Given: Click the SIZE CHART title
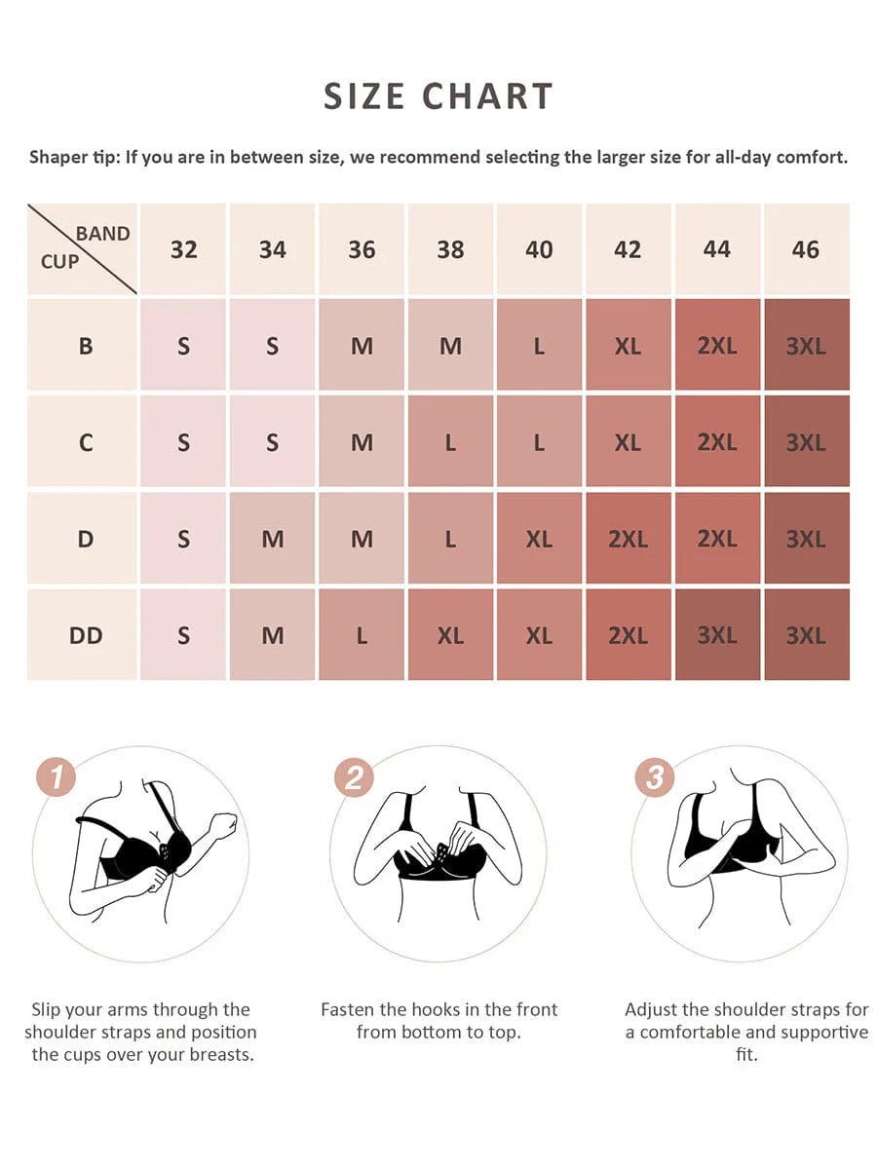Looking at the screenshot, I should [x=438, y=96].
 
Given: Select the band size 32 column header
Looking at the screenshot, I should [x=183, y=249].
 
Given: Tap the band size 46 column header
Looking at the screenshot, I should [x=805, y=249].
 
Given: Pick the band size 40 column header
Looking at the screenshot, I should [x=539, y=249].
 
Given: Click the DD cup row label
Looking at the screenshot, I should [x=86, y=635].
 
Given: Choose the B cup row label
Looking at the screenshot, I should [x=86, y=345].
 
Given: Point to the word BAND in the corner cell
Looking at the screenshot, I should [x=102, y=234].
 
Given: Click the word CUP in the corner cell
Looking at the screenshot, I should [x=59, y=261].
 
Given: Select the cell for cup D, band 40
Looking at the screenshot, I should [x=539, y=539].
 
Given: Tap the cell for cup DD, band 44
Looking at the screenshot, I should [x=716, y=635].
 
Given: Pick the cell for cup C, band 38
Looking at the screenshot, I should [x=450, y=442].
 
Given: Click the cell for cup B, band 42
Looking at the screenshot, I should [x=628, y=345].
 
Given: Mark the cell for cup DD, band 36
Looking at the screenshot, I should [x=362, y=635].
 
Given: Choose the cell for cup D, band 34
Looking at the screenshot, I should [x=273, y=539].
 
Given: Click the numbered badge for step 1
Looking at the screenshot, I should [x=57, y=777].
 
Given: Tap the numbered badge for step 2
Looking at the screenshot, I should [x=354, y=777].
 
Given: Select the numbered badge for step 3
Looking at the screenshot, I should [x=655, y=777].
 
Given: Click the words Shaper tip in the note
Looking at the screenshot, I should [x=73, y=157].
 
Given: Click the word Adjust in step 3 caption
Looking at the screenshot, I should [x=652, y=1009].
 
